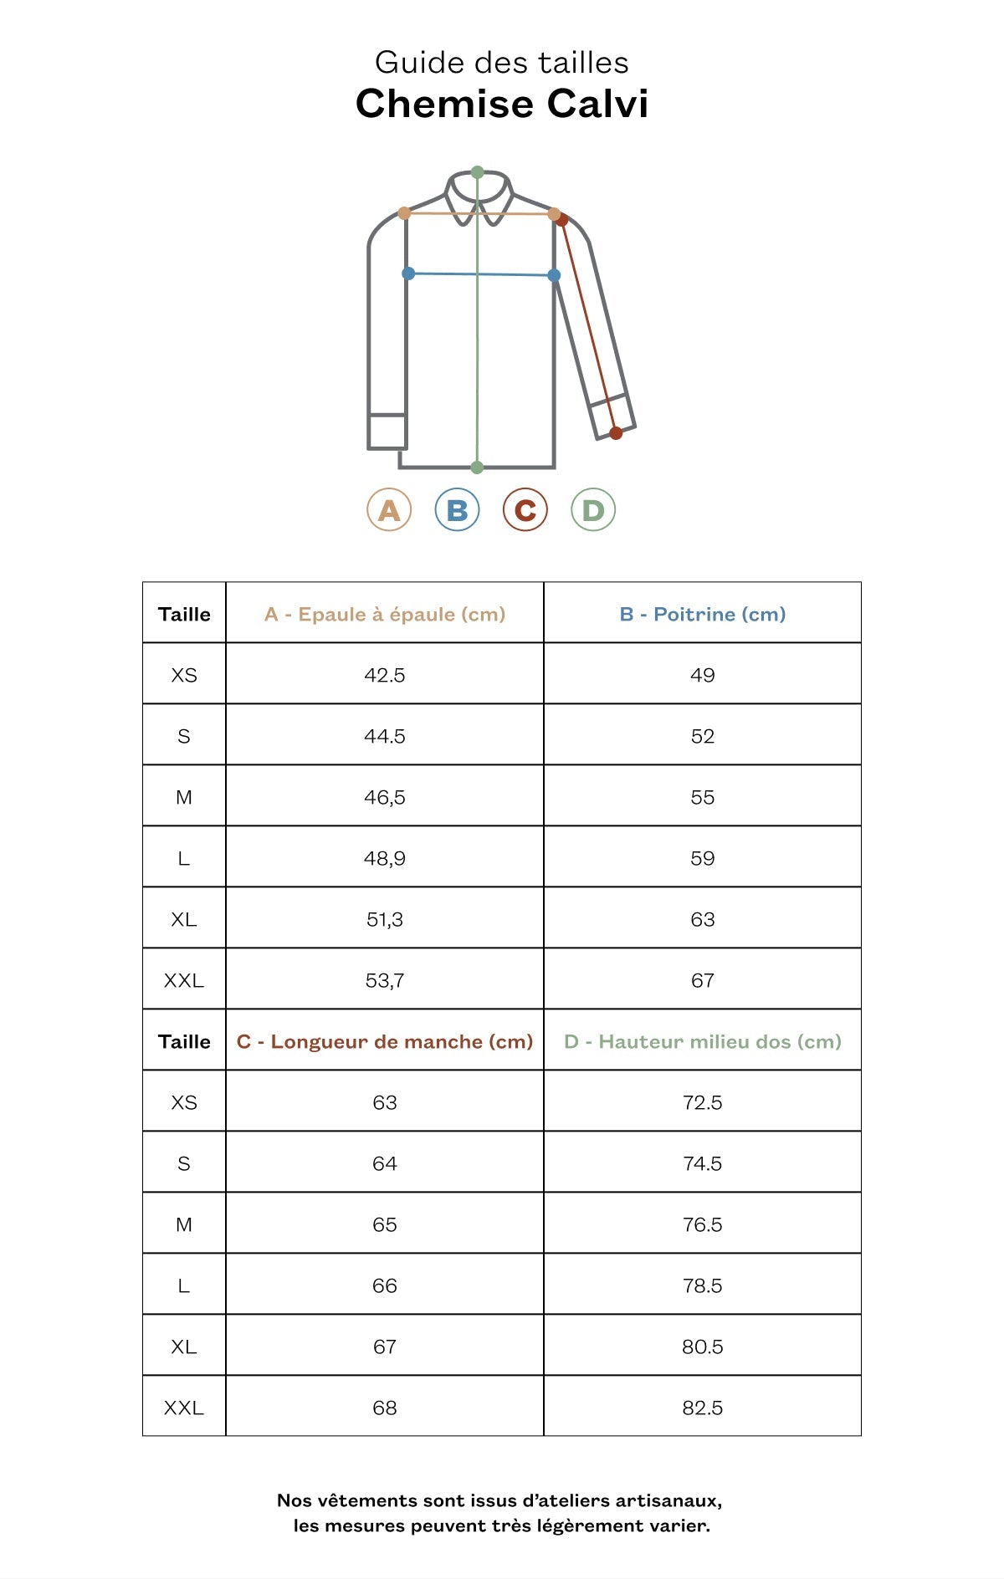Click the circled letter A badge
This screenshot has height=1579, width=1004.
point(389,509)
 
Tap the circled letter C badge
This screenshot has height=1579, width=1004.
point(525,509)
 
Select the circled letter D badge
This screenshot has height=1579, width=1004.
point(593,509)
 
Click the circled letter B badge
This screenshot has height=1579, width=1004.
point(457,509)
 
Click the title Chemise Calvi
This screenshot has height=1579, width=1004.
point(502,104)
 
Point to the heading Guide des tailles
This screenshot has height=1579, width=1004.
point(502,63)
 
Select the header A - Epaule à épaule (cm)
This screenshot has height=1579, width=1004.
point(385,614)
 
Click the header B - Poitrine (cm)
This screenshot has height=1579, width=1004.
point(703,614)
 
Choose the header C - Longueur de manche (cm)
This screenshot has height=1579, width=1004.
point(385,1041)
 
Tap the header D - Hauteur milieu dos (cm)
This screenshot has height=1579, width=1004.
point(703,1041)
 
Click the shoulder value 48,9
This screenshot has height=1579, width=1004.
point(385,858)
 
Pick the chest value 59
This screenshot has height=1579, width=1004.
point(703,858)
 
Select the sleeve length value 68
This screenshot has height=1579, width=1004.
point(385,1408)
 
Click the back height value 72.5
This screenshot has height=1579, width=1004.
point(703,1102)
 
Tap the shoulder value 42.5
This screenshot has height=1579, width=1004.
point(385,675)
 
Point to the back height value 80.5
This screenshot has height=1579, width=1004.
point(703,1346)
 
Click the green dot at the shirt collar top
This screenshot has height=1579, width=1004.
point(477,172)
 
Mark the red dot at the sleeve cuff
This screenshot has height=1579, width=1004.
point(616,432)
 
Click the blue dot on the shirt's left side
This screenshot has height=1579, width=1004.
point(408,273)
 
